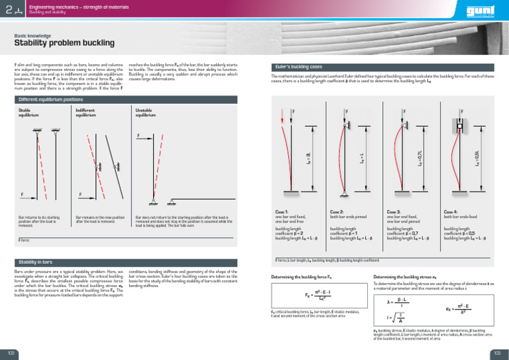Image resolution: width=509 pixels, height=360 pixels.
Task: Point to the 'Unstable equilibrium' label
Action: click(x=146, y=112)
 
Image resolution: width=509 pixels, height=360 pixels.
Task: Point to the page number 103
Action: click(x=496, y=353)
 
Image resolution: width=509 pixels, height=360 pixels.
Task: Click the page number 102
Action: click(x=11, y=353)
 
